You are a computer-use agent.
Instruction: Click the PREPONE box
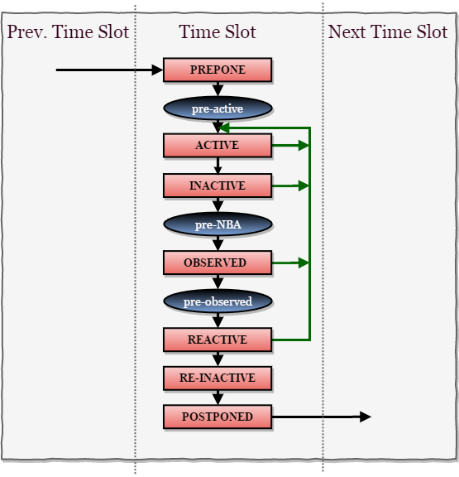pos(218,70)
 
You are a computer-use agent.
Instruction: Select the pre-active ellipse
pos(218,108)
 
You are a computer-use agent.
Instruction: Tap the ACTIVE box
pos(218,146)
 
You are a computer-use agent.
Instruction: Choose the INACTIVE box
pos(218,185)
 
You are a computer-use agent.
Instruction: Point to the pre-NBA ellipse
pos(218,224)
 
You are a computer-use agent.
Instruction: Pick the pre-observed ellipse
pos(218,301)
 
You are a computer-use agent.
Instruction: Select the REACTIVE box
pos(218,340)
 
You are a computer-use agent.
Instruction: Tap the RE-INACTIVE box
pos(218,378)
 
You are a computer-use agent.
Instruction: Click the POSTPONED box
pos(218,417)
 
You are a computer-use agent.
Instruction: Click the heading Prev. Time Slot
pos(68,33)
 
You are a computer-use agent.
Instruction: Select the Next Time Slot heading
pos(387,33)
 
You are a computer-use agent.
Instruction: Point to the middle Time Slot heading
pos(218,33)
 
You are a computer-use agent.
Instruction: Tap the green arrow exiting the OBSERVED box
pos(290,263)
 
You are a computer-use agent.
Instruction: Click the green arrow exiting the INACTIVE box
pos(290,185)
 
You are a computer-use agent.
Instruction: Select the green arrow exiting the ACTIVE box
pos(290,146)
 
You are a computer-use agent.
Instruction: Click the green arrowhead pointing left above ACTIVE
pos(225,128)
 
